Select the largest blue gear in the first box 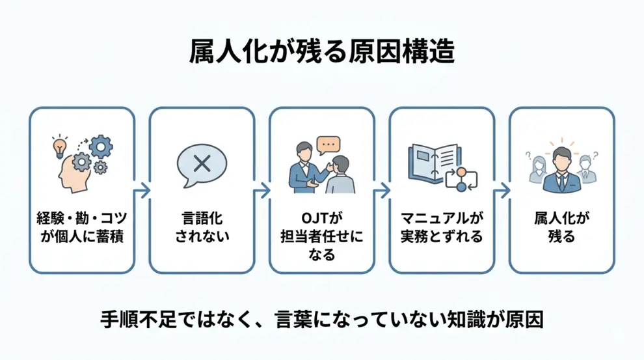(101, 148)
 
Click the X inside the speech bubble (202, 163)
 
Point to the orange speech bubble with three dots (329, 144)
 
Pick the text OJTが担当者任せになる (321, 236)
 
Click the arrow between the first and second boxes (142, 191)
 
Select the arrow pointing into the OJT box (262, 191)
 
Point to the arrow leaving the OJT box (382, 191)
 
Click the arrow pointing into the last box (502, 191)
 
